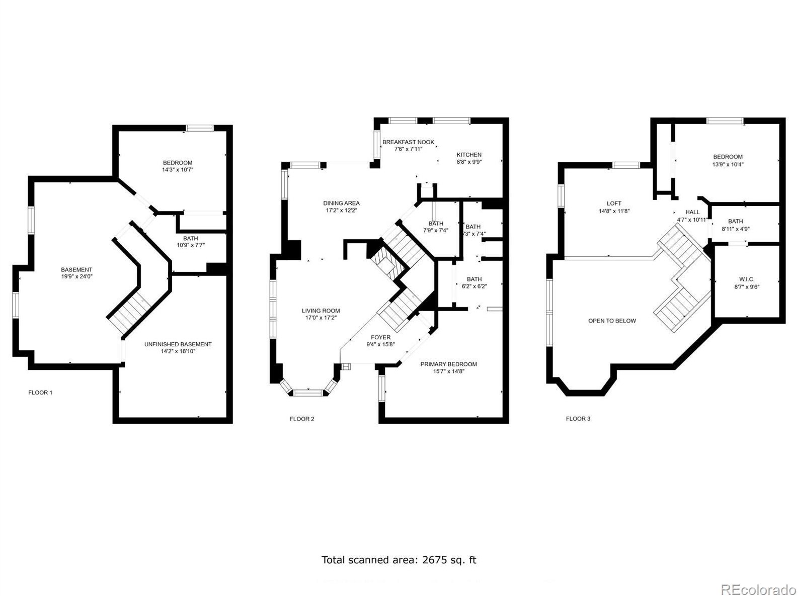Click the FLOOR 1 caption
coord(40,392)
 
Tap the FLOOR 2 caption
coord(302,419)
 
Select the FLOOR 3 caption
coord(578,419)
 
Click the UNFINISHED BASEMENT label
coord(178,344)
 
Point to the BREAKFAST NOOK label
coord(408,142)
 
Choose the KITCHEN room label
coord(469,155)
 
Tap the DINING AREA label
coord(341,203)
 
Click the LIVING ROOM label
coord(321,311)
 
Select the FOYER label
coord(381,337)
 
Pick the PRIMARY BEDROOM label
coord(449,364)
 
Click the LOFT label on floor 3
coord(614,204)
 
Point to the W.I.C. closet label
coord(747,279)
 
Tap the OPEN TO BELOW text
coord(612,321)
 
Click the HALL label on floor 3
coord(692,212)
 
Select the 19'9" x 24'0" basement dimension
coord(76,276)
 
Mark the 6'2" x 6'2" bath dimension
coord(474,286)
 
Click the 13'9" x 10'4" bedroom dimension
coord(728,164)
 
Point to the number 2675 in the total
coord(434,560)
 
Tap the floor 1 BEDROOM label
coord(178,163)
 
